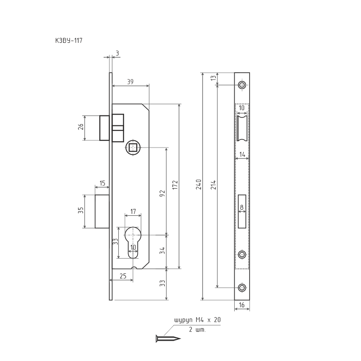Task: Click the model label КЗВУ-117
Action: tap(69, 41)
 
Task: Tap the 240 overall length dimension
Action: tap(199, 185)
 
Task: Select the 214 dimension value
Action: tap(213, 185)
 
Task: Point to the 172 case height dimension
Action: tap(175, 185)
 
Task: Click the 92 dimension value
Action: tap(162, 194)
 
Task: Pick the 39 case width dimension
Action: tap(130, 82)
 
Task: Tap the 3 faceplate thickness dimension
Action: tap(117, 53)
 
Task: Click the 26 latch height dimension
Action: tap(81, 127)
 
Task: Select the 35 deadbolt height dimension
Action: tap(81, 210)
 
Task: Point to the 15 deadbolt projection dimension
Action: tap(102, 183)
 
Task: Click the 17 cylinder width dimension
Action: tap(133, 212)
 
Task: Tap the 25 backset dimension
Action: tap(123, 276)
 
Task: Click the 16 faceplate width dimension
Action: tap(241, 305)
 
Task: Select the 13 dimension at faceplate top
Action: tap(214, 78)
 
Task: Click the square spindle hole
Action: tap(133, 148)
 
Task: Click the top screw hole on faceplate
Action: tap(242, 85)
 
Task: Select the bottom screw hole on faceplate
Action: tap(242, 287)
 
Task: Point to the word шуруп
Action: tap(183, 320)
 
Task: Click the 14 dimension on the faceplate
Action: tap(242, 154)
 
